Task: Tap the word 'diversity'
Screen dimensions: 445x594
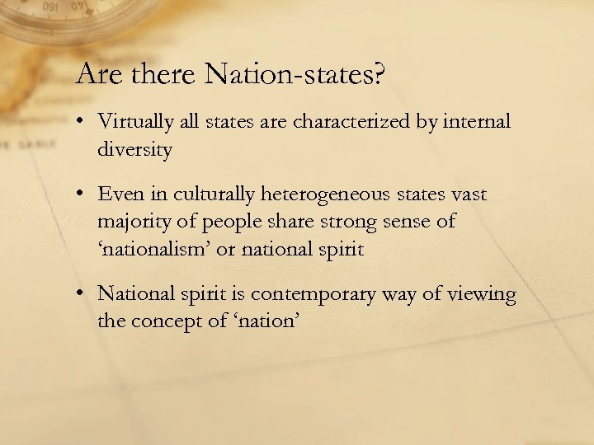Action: [134, 150]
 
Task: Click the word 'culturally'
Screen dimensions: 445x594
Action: [215, 194]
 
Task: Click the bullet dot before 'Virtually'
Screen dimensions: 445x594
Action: [83, 123]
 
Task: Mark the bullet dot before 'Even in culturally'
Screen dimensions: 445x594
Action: [83, 195]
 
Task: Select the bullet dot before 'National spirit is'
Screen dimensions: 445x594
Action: [83, 294]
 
